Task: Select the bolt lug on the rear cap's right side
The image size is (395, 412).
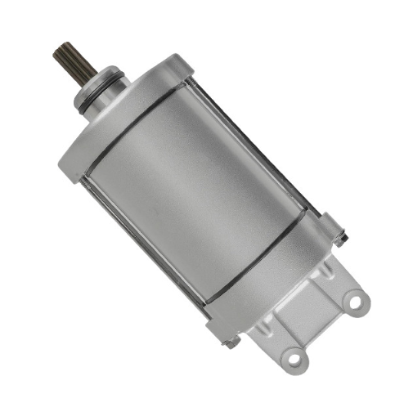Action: click(331, 227)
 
